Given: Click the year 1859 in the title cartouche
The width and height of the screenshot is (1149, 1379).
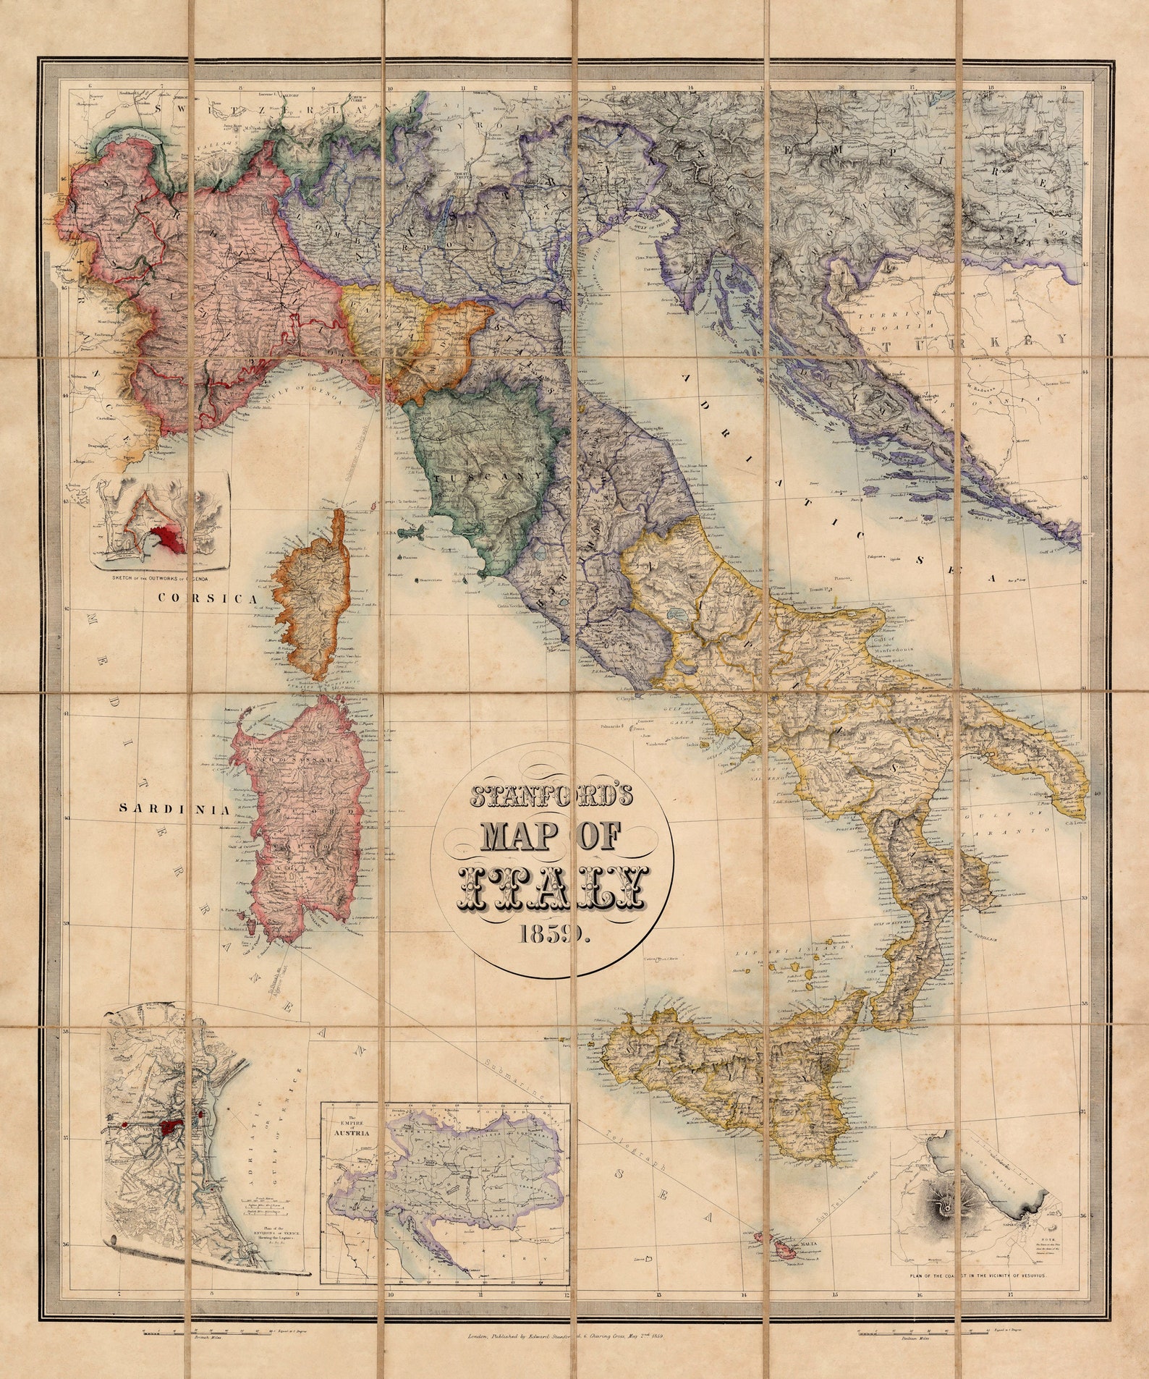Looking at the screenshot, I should (554, 935).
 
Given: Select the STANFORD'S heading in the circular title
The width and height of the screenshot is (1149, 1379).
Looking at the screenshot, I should (552, 796).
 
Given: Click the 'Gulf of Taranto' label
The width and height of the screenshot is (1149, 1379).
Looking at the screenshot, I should (1009, 823).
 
